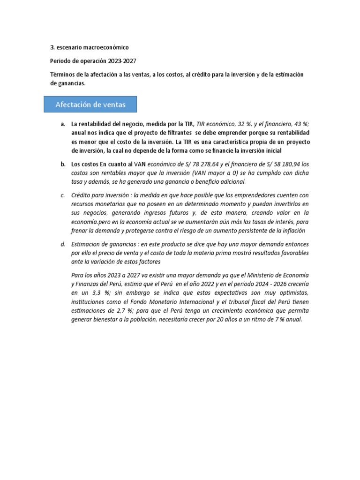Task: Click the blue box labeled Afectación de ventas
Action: coord(90,105)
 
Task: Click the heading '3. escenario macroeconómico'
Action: coord(89,47)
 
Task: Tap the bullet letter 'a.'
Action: coord(63,124)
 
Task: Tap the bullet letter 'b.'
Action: coord(63,165)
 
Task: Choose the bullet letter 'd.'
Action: coord(63,245)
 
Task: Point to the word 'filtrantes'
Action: coord(172,133)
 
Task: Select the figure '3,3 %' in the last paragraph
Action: coord(98,292)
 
